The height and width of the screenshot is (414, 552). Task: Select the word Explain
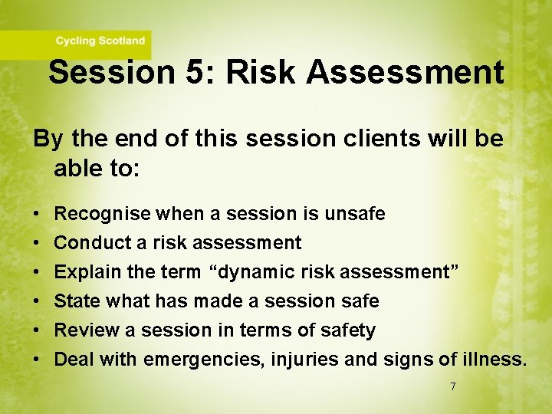87,272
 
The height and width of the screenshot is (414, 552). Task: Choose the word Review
84,330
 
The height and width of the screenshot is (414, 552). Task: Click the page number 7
452,387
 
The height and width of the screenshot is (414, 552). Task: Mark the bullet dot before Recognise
37,214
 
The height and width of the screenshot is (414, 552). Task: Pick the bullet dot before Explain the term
37,272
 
